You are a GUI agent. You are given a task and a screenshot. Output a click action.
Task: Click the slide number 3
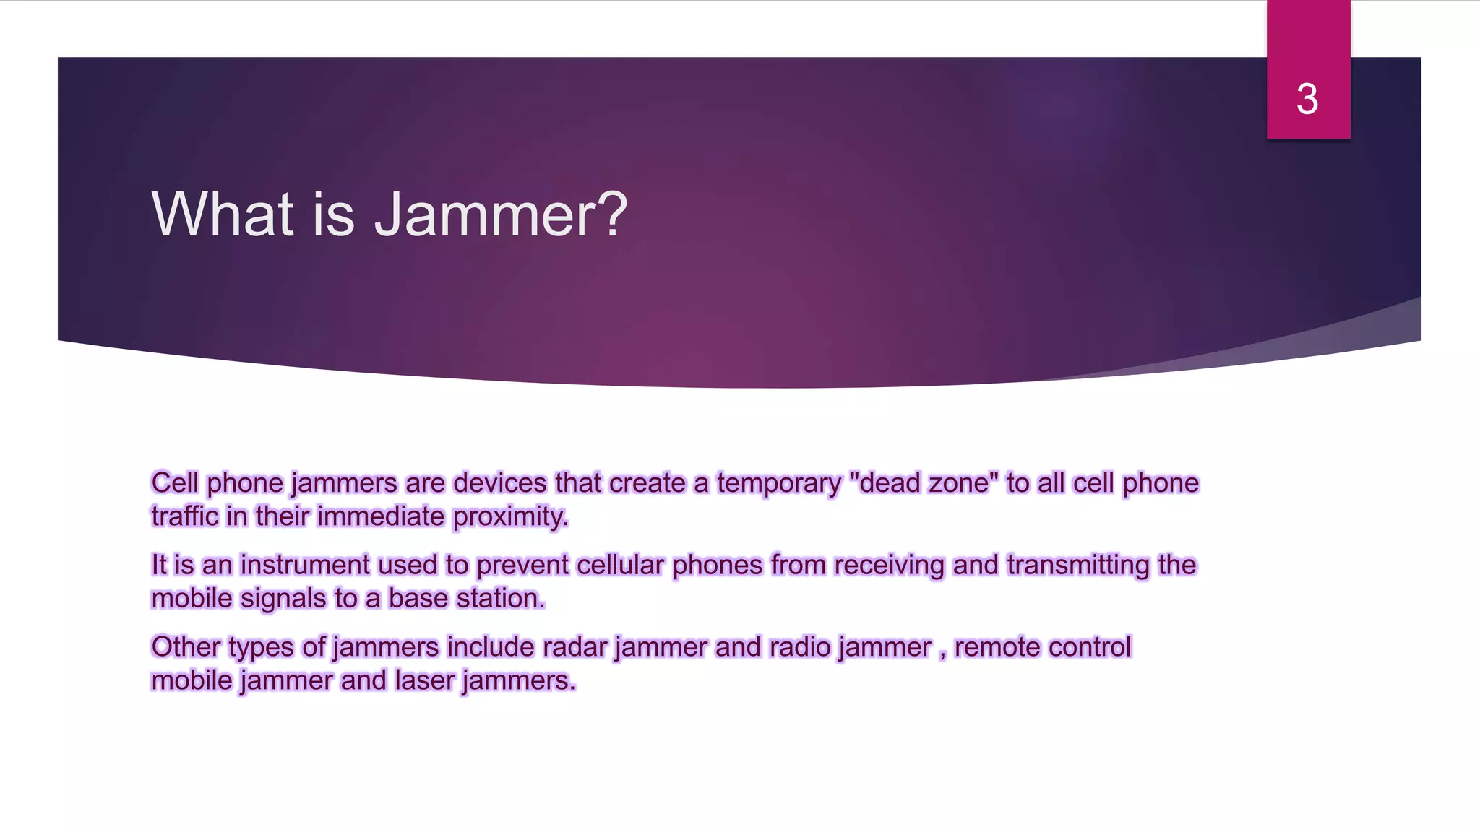tap(1307, 99)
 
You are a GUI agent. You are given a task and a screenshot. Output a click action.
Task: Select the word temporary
tap(779, 483)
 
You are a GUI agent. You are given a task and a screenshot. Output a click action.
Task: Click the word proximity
tap(510, 517)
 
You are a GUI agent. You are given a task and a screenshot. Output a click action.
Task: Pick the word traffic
tap(184, 516)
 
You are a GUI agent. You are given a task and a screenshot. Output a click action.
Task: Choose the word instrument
tap(304, 565)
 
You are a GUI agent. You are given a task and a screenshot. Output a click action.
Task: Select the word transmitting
tap(1077, 565)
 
